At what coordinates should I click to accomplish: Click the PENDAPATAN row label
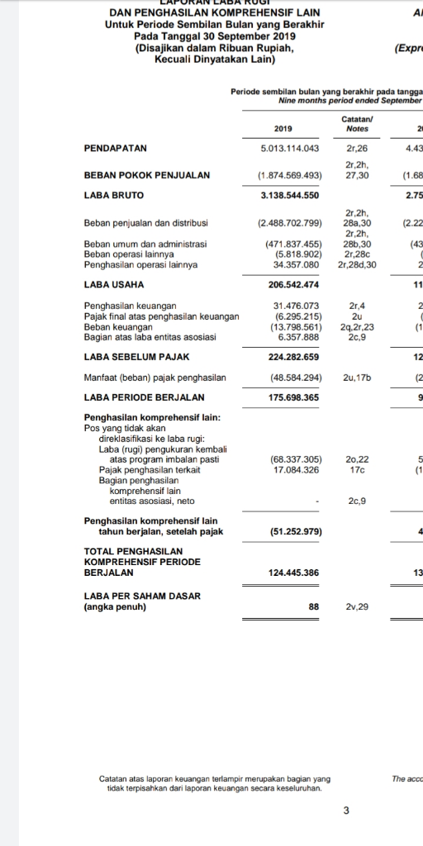click(x=116, y=148)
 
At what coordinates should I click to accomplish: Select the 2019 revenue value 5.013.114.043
click(x=283, y=148)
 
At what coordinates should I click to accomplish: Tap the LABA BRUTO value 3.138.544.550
click(x=283, y=195)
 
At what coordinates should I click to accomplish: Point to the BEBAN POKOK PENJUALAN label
click(x=146, y=175)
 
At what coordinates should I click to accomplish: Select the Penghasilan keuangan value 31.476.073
click(x=295, y=306)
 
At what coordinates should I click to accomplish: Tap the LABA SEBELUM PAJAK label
click(x=137, y=357)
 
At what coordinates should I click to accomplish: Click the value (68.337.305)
click(x=295, y=459)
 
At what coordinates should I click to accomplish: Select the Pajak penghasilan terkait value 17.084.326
click(x=295, y=469)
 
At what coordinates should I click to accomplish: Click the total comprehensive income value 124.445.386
click(x=289, y=572)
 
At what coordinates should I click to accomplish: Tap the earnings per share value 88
click(x=313, y=606)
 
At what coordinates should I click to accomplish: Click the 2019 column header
click(x=283, y=128)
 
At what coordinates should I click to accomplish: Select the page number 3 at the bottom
click(x=346, y=810)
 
